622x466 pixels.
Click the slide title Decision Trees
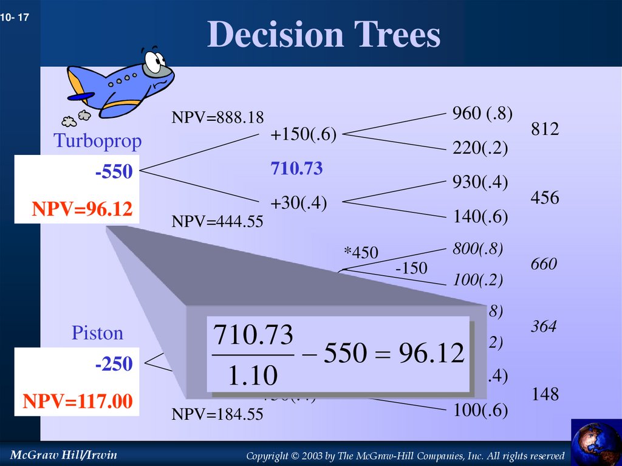tap(323, 35)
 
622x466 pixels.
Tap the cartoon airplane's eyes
tap(154, 60)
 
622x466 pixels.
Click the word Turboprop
tap(97, 141)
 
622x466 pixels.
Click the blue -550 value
tap(113, 173)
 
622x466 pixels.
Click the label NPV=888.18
tap(217, 117)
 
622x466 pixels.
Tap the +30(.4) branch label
tap(298, 204)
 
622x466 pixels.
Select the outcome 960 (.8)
tap(482, 113)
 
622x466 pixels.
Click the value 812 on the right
tap(544, 129)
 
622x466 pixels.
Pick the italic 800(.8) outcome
tap(477, 248)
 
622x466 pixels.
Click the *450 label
tap(360, 252)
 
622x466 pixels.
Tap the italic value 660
tap(544, 264)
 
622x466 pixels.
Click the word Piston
tap(97, 333)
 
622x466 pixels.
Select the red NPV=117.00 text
tap(78, 402)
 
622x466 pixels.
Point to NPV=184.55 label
tap(217, 415)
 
